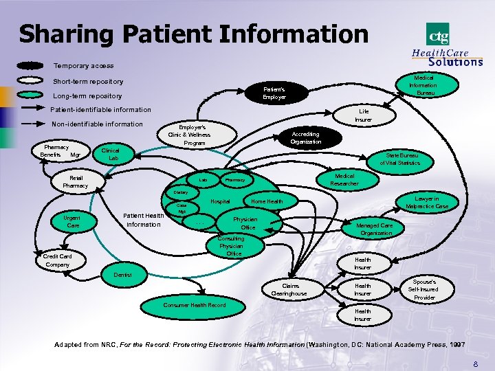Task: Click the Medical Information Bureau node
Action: [x=422, y=86]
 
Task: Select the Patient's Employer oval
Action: [x=274, y=93]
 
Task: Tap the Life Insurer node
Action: [x=364, y=115]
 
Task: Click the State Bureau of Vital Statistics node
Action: [x=403, y=159]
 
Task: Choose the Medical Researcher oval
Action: [x=344, y=179]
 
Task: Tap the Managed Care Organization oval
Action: [x=376, y=229]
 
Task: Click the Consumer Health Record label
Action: [x=195, y=305]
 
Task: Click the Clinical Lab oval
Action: [x=111, y=155]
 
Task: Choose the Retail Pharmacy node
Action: [x=76, y=182]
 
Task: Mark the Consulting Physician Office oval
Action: [x=231, y=246]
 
